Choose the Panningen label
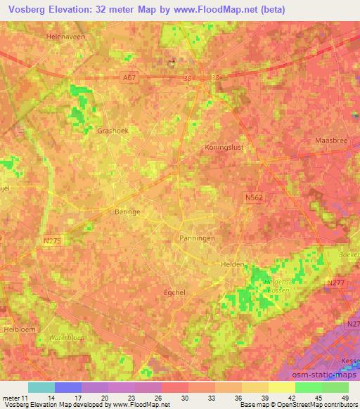197,238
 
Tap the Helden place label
233,264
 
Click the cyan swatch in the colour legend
41,387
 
